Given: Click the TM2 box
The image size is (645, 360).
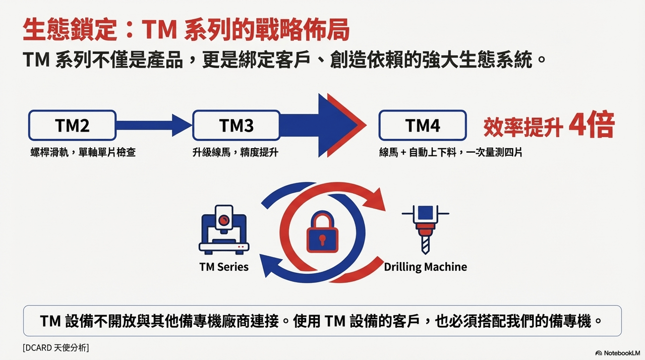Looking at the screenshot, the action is coord(72,125).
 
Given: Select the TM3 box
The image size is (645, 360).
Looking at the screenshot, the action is coord(237,125).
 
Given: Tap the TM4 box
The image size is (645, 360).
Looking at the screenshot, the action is coord(423,125).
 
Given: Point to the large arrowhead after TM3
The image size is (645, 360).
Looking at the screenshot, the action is coord(340,125).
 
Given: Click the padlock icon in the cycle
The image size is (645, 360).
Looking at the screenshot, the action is coord(322,231).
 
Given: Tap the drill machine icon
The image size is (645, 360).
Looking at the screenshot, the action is coord(425,229).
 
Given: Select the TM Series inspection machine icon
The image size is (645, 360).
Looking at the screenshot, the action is coord(224,229).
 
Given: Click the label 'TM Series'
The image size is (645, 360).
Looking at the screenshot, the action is coord(224,267).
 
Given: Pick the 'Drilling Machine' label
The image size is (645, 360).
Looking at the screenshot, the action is coord(425,267).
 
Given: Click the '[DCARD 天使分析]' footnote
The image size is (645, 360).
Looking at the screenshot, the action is coord(56,348).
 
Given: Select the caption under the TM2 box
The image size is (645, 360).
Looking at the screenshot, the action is coord(83,152).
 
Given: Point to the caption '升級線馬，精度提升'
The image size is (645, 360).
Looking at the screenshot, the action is coord(235,152).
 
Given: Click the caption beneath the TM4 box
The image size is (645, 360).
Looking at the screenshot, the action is coord(451,152).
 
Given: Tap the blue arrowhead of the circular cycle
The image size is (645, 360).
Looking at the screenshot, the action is coord(269,265).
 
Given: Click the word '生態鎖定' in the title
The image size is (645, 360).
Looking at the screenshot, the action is coord(70,30).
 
